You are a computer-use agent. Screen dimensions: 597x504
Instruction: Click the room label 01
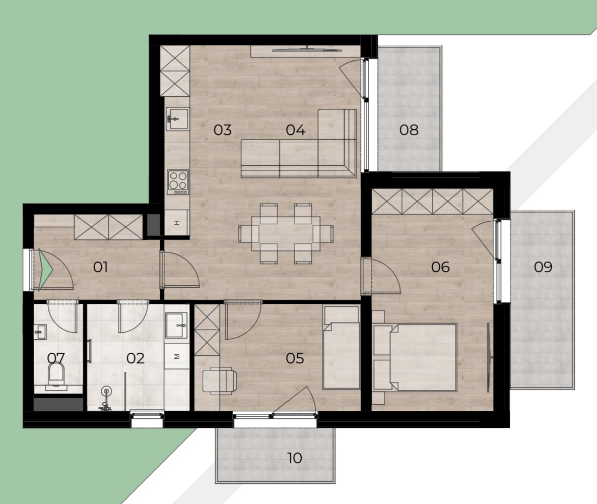tap(101, 267)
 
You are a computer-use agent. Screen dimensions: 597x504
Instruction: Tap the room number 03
tap(223, 130)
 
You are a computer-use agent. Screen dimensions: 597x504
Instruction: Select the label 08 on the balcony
tap(409, 130)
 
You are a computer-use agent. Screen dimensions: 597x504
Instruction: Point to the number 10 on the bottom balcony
tap(295, 458)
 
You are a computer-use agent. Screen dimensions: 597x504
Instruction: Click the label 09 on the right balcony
tap(543, 267)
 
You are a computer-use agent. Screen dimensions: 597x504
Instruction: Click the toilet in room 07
tap(56, 375)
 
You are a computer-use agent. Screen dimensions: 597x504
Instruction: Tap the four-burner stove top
tap(178, 182)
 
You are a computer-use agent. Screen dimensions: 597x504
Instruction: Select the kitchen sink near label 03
tap(177, 118)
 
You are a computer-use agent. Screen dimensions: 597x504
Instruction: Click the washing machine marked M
tap(177, 356)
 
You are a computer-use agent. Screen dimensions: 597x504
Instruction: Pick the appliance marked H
tap(177, 223)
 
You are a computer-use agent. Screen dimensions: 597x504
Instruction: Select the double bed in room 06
tap(415, 357)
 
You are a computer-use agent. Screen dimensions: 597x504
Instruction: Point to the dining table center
tap(286, 233)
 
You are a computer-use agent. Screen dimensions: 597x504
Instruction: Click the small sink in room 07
tap(40, 332)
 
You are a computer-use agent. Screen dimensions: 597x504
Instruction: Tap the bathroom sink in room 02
tap(177, 326)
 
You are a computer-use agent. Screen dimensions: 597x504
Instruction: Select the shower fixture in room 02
tap(105, 399)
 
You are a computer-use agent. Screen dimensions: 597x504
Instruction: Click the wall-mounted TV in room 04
tap(306, 48)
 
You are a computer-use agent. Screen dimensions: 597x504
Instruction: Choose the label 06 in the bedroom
tap(440, 267)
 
